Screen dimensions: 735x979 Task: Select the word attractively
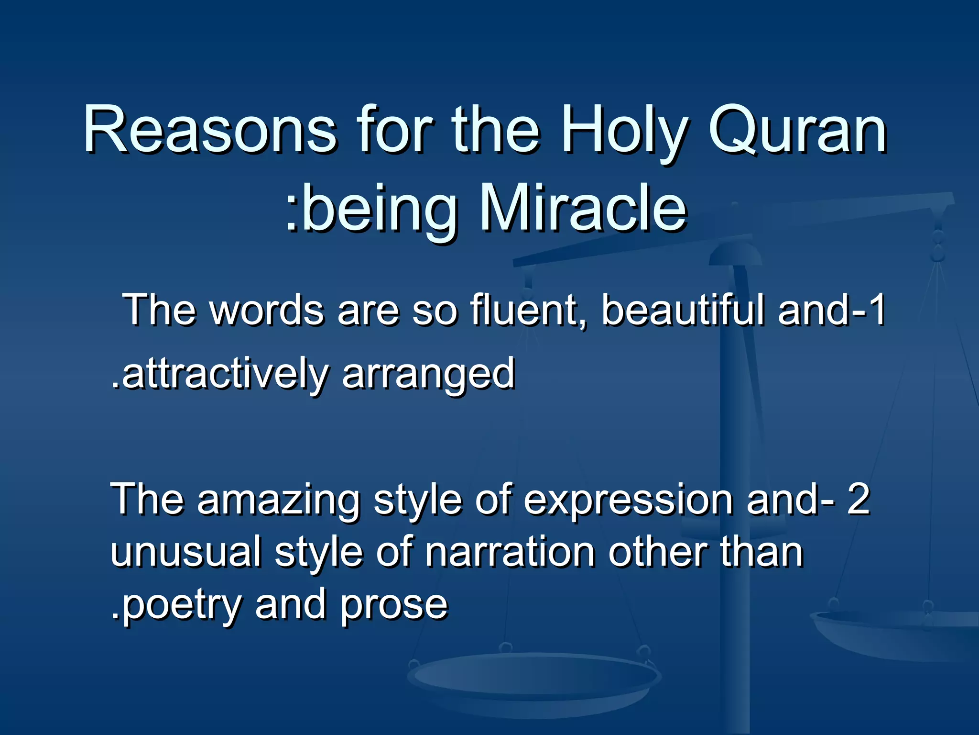coord(225,374)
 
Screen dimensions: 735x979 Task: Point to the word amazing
coord(278,500)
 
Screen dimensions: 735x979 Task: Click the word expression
coord(628,501)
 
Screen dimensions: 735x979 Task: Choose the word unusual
coord(186,552)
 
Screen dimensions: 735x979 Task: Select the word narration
coord(510,552)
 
